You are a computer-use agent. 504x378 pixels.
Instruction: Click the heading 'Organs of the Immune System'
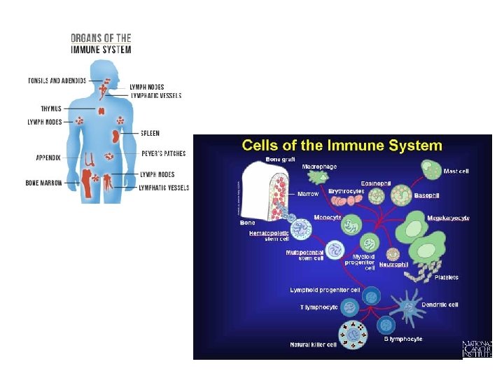pos(101,43)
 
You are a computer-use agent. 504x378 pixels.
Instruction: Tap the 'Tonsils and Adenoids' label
pos(57,80)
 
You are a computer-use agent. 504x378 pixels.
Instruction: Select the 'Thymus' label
pos(51,108)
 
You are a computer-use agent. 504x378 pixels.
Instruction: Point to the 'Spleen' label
pos(150,133)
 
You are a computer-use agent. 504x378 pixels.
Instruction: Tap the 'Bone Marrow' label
pos(43,183)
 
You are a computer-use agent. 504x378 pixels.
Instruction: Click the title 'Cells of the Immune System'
pos(342,146)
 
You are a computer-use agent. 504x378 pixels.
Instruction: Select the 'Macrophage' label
pos(319,167)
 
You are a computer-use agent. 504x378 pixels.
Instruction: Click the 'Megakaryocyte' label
pos(448,218)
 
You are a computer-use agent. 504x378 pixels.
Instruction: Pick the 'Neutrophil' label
pos(393,265)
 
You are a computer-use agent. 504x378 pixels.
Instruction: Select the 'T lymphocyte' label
pos(319,307)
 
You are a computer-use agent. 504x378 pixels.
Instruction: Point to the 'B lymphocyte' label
pos(402,339)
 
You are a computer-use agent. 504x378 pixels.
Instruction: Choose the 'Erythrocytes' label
pos(346,190)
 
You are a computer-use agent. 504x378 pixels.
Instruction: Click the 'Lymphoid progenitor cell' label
pos(325,290)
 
